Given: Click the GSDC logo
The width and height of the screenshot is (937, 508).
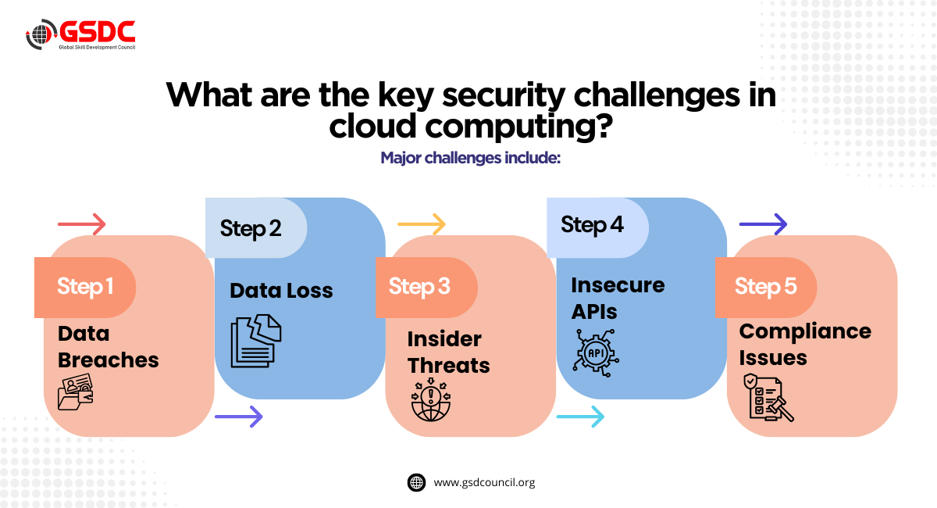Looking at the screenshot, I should (x=80, y=34).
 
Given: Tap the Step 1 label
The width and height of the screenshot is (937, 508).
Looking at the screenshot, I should (x=85, y=287).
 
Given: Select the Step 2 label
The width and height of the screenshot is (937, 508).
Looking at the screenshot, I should (x=251, y=228).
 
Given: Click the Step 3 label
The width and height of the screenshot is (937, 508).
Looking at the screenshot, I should (x=419, y=287).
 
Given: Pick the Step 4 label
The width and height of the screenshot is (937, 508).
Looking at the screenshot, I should (x=592, y=226).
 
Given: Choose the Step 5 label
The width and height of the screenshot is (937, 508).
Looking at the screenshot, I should (x=765, y=287).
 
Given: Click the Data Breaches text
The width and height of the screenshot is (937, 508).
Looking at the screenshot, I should (x=108, y=346).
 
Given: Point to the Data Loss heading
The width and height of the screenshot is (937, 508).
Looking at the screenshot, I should (x=281, y=292).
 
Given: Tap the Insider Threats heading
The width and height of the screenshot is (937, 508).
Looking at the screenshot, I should (x=448, y=352).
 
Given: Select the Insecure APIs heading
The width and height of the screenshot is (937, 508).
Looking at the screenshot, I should (x=617, y=298).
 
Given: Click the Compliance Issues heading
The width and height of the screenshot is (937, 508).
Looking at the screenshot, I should (x=805, y=344).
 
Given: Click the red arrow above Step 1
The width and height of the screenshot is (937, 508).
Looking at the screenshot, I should (x=81, y=225).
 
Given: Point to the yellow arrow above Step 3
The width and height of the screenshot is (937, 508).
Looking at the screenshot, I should (x=422, y=225).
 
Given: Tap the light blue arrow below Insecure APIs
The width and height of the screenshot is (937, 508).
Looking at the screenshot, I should (x=580, y=417).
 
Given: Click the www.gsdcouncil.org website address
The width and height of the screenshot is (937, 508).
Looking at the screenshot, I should (x=484, y=482).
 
